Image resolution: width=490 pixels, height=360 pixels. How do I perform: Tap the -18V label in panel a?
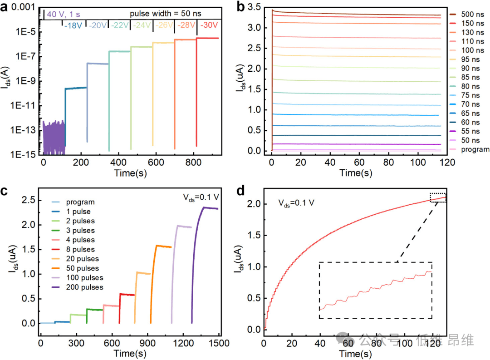coord(73,26)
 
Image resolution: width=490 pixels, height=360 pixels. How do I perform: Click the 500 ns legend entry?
coord(467,14)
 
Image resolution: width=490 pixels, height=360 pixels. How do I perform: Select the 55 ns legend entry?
coord(467,132)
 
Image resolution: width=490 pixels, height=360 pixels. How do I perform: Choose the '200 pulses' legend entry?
coord(84,287)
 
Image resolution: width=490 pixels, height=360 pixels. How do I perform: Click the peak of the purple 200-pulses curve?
coord(204,207)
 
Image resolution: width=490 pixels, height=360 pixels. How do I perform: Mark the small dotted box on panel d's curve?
coord(438,197)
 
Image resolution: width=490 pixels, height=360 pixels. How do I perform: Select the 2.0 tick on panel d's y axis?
coord(255,204)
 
